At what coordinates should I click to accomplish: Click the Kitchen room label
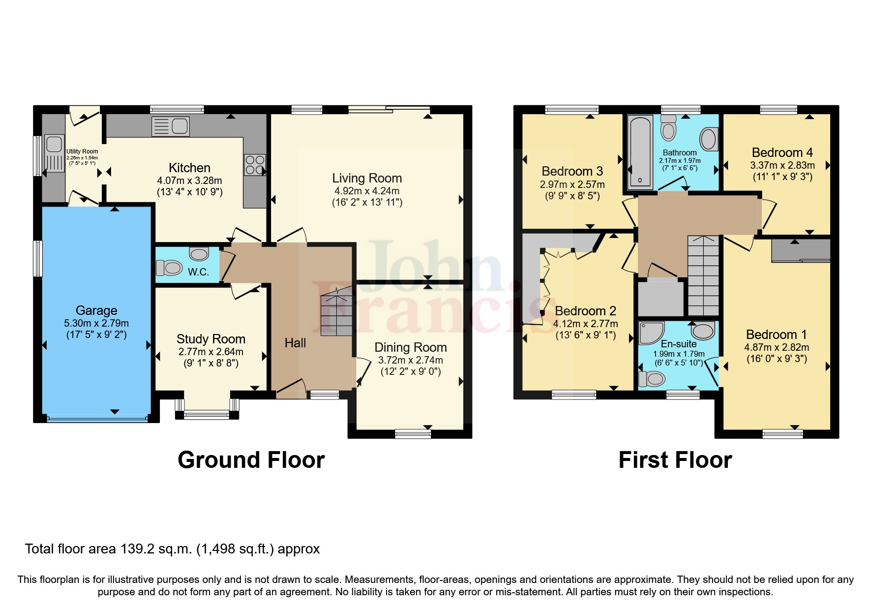189,168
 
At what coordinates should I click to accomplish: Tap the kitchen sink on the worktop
170,126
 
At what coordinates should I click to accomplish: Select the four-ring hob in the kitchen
255,164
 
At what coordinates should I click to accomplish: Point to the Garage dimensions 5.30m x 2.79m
96,323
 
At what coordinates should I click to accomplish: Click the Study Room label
210,339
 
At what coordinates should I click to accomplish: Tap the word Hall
295,343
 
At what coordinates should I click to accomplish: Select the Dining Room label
411,347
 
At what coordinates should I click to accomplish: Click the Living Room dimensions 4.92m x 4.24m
367,191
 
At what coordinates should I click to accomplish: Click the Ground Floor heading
251,460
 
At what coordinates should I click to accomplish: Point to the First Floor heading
675,460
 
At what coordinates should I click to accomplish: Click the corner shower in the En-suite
651,333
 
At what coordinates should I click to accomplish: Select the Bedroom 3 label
572,171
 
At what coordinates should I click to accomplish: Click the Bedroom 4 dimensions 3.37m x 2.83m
782,165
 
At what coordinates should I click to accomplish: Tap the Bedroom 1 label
776,335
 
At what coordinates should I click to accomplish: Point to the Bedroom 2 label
585,311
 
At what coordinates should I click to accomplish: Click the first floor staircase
703,275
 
